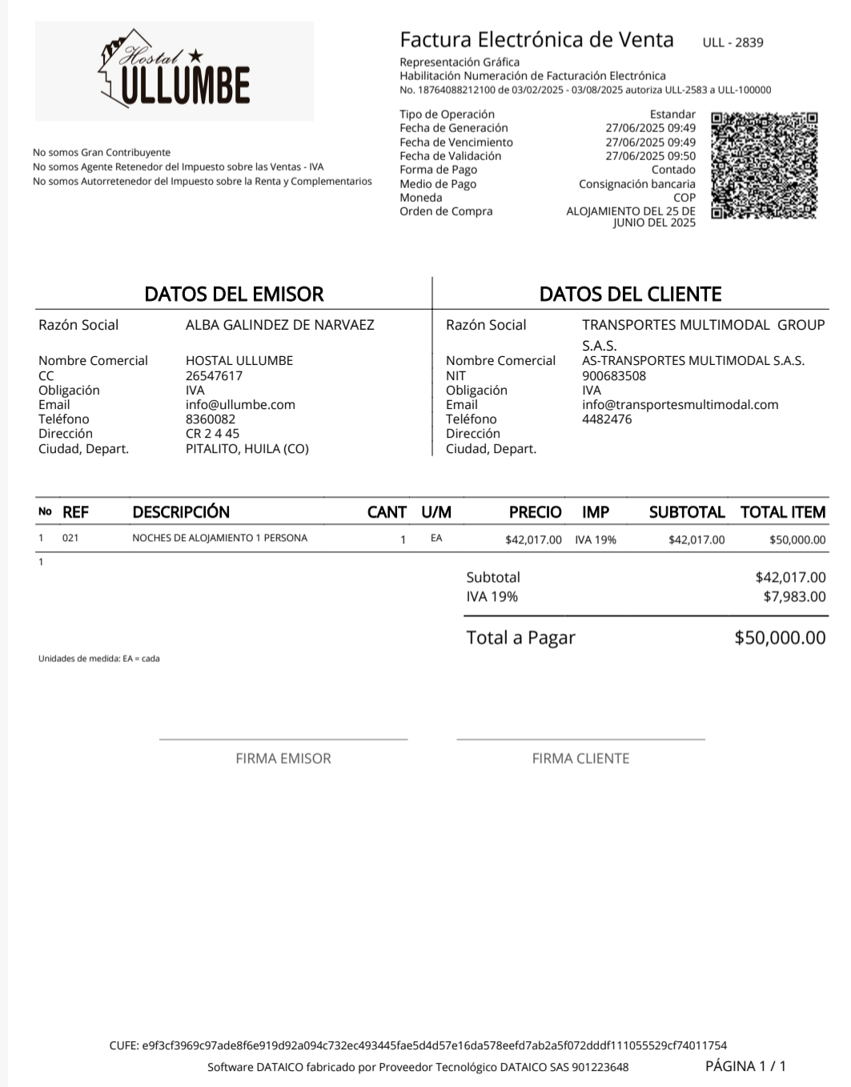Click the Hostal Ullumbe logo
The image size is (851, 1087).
click(x=175, y=70)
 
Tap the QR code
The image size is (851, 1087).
click(x=765, y=166)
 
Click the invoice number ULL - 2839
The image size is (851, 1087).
click(x=733, y=42)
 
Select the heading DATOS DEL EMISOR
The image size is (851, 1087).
click(x=234, y=294)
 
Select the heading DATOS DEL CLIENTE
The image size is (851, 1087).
click(x=630, y=294)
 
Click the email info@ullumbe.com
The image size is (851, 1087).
click(x=240, y=405)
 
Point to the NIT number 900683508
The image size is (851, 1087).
click(x=614, y=375)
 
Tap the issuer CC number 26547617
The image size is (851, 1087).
click(x=214, y=375)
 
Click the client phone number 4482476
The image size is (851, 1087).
click(x=607, y=419)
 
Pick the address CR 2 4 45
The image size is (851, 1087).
click(x=212, y=434)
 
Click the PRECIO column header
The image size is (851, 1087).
click(x=535, y=512)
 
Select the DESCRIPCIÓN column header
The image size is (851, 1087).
click(x=181, y=512)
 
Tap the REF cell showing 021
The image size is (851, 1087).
click(x=70, y=538)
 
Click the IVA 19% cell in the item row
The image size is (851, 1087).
click(x=596, y=540)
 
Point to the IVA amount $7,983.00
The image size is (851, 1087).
click(x=794, y=596)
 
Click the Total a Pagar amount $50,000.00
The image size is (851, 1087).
click(x=780, y=638)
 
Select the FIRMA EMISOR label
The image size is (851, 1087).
click(x=283, y=758)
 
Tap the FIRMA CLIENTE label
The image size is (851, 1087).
click(x=580, y=758)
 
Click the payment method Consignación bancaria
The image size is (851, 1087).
click(x=637, y=184)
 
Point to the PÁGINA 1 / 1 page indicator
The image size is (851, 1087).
click(x=745, y=1065)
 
